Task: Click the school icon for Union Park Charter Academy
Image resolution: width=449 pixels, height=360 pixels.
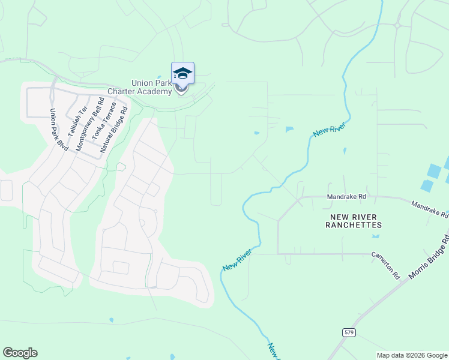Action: click(x=182, y=74)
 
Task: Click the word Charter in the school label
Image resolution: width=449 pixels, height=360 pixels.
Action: click(x=122, y=92)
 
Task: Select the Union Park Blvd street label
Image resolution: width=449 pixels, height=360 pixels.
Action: click(x=58, y=129)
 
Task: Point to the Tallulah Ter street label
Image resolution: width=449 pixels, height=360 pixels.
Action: click(x=78, y=121)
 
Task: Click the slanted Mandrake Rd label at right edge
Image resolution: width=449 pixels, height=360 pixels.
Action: click(x=430, y=209)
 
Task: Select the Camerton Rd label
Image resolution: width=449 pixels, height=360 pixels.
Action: click(x=385, y=265)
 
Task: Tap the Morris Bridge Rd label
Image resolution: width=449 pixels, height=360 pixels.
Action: click(x=429, y=259)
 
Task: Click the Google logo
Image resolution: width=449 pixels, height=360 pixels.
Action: click(x=20, y=353)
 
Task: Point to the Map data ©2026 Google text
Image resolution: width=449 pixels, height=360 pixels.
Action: click(x=412, y=355)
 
